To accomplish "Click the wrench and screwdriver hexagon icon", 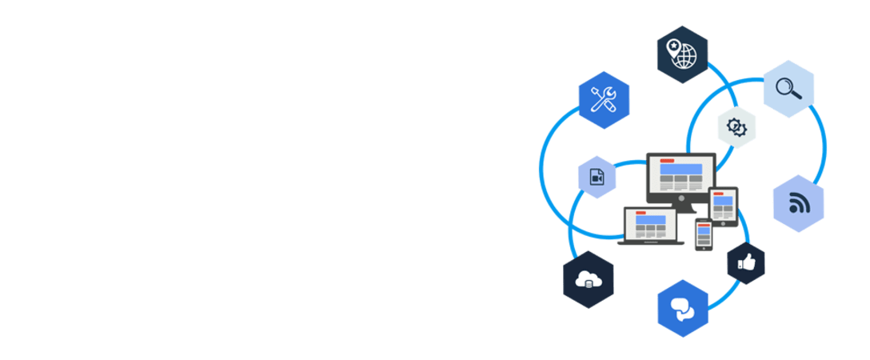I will coord(604,100).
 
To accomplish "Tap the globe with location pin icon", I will coord(682,54).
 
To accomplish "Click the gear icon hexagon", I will coord(736,126).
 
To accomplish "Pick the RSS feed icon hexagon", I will coord(798,203).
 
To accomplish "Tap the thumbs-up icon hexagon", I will coord(746,262).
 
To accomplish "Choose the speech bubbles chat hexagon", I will coord(683,309).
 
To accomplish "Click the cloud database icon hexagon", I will coord(589,279).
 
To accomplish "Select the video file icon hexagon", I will coord(597,177).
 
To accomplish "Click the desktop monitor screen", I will coord(680,173).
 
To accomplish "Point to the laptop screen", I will coord(650,223).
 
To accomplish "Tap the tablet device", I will coord(723,206).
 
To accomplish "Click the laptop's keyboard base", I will coord(650,242).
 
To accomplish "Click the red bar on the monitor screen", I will coord(666,160).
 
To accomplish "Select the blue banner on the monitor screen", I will coord(680,169).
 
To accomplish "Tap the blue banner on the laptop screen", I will coord(650,218).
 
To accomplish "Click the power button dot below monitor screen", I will coord(680,198).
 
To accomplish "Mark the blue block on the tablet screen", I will coord(723,201).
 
